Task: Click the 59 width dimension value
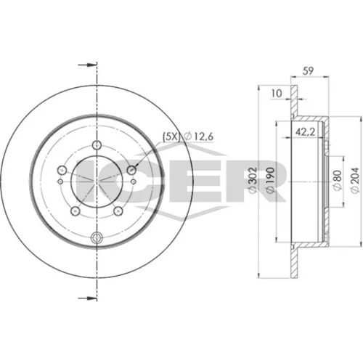click(x=308, y=70)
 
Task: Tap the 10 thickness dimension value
click(x=277, y=93)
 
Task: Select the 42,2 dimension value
click(x=306, y=132)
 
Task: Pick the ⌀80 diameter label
click(x=338, y=180)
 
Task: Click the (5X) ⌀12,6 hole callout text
click(x=188, y=137)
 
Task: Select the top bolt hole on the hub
click(x=97, y=145)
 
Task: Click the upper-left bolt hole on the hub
click(x=62, y=170)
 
